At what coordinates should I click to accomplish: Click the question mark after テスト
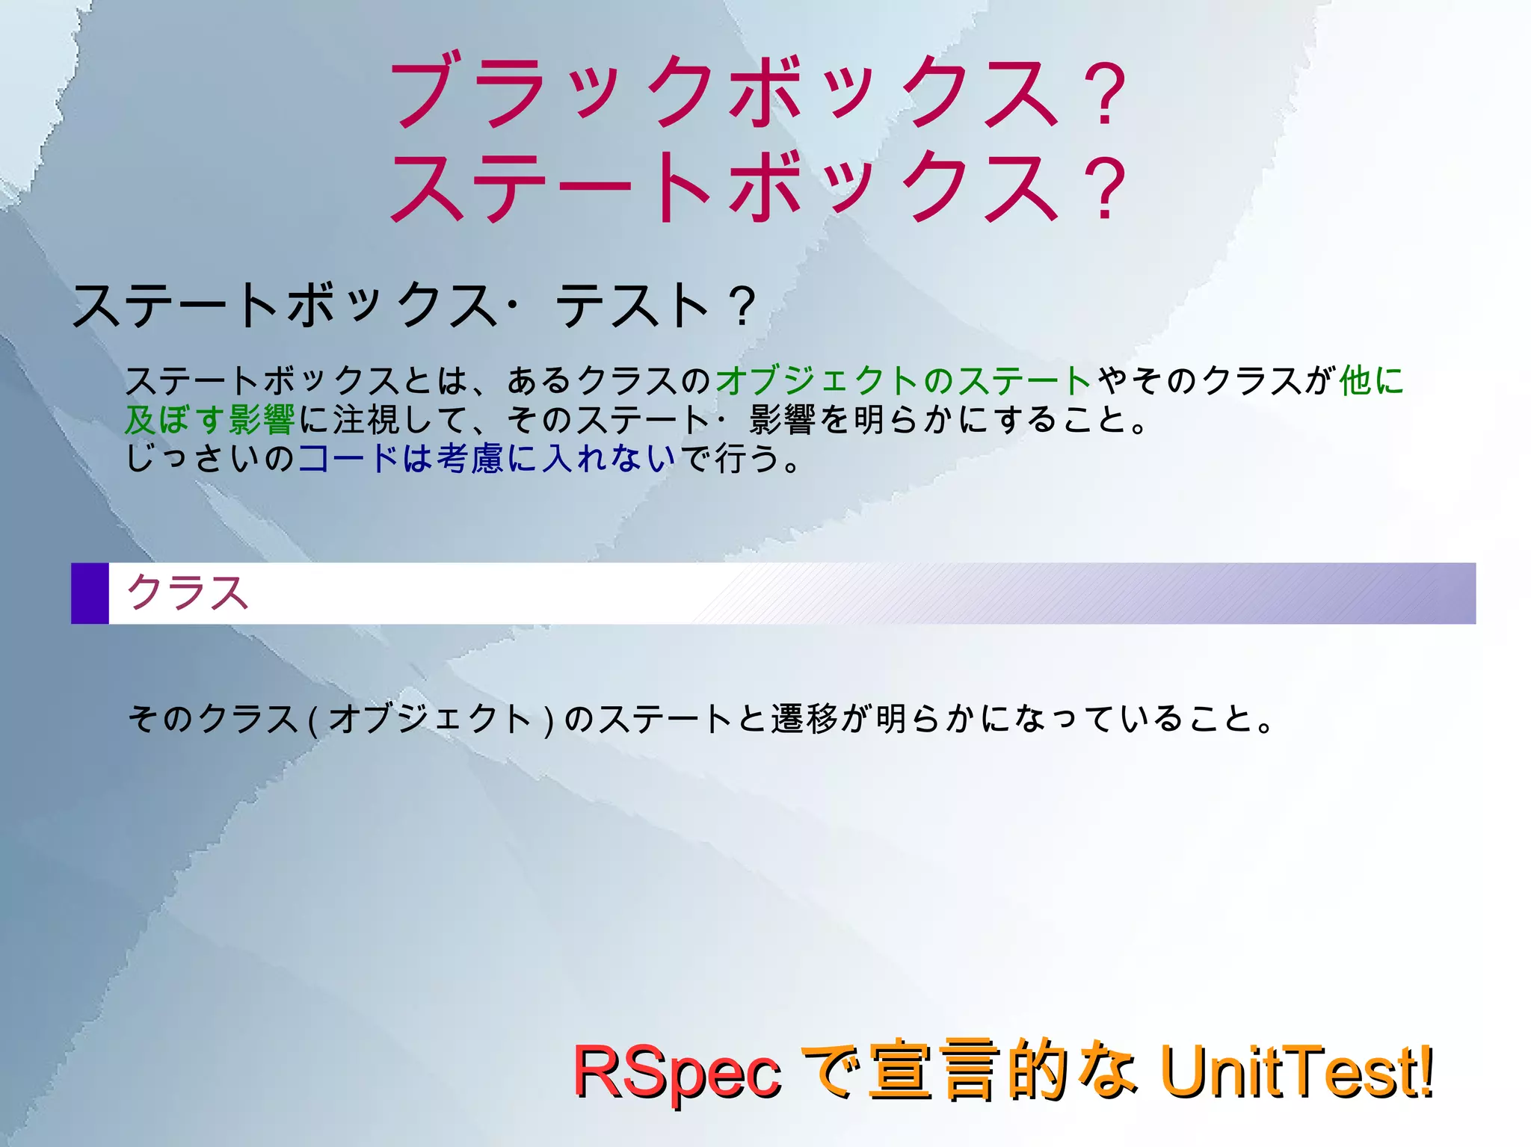pyautogui.click(x=742, y=306)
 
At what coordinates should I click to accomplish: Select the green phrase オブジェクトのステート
pyautogui.click(x=903, y=380)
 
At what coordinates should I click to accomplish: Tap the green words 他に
pyautogui.click(x=1371, y=380)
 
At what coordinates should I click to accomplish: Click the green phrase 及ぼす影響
pyautogui.click(x=210, y=419)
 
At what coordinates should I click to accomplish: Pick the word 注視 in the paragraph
pyautogui.click(x=366, y=419)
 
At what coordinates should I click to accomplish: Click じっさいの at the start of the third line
pyautogui.click(x=210, y=458)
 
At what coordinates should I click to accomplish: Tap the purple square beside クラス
pyautogui.click(x=90, y=593)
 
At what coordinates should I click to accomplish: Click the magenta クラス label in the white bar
pyautogui.click(x=187, y=593)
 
